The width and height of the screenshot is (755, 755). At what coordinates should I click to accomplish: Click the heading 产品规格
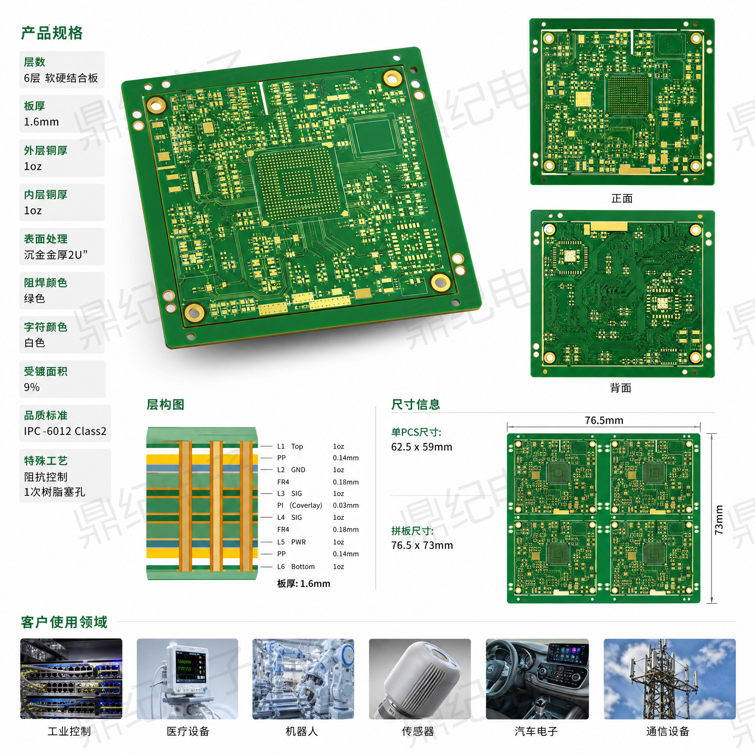click(x=52, y=33)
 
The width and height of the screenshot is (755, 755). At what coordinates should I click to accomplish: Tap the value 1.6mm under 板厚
click(x=41, y=122)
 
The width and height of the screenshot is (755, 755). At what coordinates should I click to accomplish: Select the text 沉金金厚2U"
click(x=56, y=255)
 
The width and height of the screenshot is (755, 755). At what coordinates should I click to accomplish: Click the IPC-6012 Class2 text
click(x=65, y=431)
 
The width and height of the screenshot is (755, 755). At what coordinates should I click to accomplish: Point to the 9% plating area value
click(x=32, y=387)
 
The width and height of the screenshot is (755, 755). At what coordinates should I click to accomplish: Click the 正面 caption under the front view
click(x=622, y=199)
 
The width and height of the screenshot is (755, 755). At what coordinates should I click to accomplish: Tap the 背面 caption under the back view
click(x=621, y=388)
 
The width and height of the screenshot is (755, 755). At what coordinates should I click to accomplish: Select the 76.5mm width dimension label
click(x=604, y=421)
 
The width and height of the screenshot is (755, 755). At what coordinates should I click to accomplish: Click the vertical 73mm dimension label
click(x=719, y=520)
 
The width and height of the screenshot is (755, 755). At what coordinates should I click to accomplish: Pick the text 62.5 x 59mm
click(x=422, y=447)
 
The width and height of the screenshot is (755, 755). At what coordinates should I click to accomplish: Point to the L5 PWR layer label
click(x=292, y=542)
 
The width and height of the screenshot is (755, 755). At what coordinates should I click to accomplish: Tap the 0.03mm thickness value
click(x=346, y=505)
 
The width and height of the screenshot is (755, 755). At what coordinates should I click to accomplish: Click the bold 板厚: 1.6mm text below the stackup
click(x=304, y=584)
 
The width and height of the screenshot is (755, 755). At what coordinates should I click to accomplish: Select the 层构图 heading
click(x=165, y=404)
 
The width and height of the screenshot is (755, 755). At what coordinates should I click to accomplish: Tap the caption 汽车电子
click(x=536, y=731)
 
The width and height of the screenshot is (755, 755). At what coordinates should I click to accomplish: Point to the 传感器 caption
click(x=418, y=731)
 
